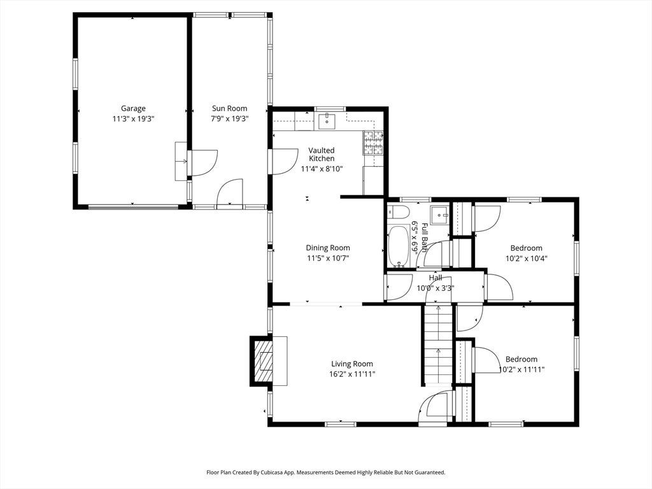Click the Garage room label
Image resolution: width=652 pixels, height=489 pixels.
(x=133, y=108)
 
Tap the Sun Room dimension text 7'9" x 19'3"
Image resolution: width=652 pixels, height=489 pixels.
(x=229, y=119)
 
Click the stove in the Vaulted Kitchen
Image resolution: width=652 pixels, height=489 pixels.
(x=373, y=143)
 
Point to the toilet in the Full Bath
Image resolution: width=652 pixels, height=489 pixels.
(x=396, y=213)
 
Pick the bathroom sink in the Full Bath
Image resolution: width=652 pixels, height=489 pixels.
(x=439, y=215)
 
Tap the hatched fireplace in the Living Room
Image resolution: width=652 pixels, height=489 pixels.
(x=263, y=361)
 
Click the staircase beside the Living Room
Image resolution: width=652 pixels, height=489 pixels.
(x=438, y=344)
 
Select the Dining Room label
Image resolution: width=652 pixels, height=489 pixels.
(x=328, y=248)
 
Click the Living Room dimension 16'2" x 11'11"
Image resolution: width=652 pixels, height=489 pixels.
(x=352, y=374)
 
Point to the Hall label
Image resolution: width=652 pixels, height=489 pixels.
(x=436, y=278)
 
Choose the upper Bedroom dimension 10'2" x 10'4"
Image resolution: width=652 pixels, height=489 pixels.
(x=526, y=259)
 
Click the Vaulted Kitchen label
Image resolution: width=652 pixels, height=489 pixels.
(x=322, y=154)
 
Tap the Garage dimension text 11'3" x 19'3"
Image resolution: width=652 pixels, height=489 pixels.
(x=133, y=119)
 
